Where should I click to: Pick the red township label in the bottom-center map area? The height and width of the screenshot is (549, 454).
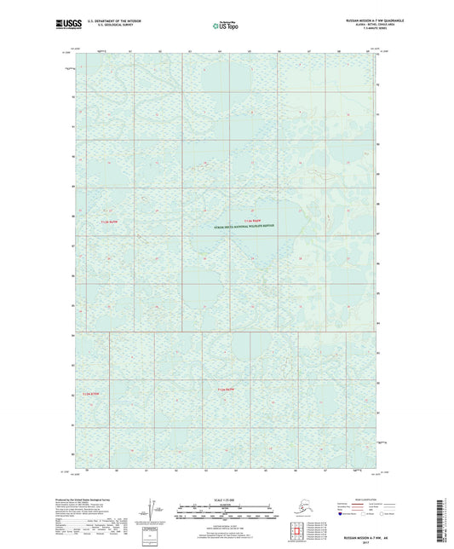(225, 389)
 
